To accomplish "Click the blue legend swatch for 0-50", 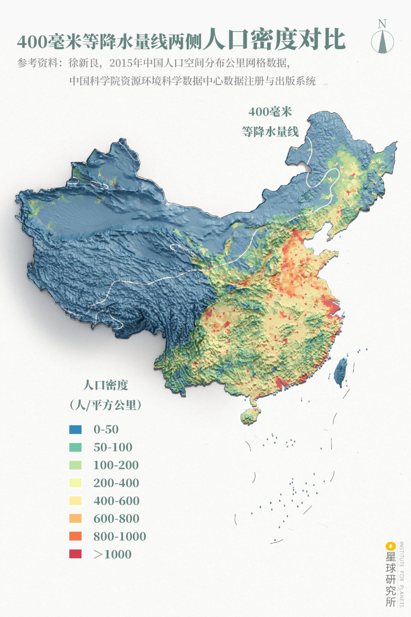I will (x=75, y=429).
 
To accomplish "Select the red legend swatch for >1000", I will (x=75, y=554).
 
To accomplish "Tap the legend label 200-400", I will (x=116, y=483).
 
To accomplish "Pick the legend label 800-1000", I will (x=119, y=536).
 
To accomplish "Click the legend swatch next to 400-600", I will (x=75, y=500).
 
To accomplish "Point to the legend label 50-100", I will (x=113, y=447).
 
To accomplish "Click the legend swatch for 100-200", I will (x=75, y=465).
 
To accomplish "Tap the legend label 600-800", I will (x=116, y=518).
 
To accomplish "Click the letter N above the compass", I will (x=382, y=24).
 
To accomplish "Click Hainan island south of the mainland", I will (x=251, y=416).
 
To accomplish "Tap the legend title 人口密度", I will (x=105, y=385).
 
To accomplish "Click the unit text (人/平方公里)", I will (x=105, y=405).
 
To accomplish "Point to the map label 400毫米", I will (x=270, y=112).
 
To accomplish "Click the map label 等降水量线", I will (x=270, y=132).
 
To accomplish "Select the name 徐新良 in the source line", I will (x=83, y=63).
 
